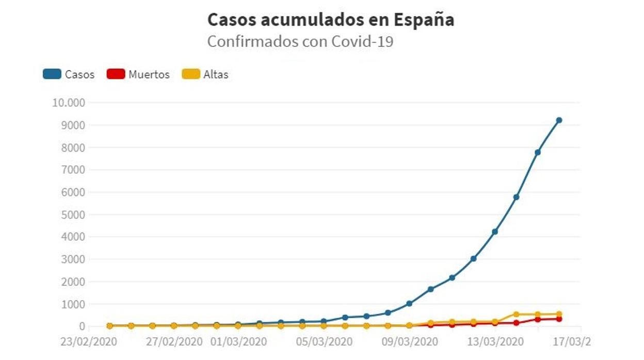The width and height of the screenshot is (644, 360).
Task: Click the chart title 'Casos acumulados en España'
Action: tap(331, 20)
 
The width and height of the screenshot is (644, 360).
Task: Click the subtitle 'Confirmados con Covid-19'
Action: tap(300, 41)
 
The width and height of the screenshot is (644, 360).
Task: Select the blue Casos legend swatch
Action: tap(52, 74)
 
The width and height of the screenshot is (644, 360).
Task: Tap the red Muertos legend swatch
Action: tap(116, 74)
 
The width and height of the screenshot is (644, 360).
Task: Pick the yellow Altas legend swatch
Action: tap(191, 74)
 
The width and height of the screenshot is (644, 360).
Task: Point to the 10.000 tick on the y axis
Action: tap(68, 102)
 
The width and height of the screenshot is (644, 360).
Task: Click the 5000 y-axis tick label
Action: tap(74, 215)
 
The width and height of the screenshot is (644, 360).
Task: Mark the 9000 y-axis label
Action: tap(74, 125)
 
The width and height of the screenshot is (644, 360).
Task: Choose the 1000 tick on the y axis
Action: tap(74, 304)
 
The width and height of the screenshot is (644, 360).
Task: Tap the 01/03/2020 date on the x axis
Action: tap(238, 342)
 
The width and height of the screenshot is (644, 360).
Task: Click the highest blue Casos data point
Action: tap(559, 120)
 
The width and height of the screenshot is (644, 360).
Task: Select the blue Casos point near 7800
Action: tap(537, 152)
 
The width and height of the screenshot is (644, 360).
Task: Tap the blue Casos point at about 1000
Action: tap(409, 304)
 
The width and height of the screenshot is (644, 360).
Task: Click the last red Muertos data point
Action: tap(559, 319)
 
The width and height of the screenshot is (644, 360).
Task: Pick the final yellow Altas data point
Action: tap(559, 314)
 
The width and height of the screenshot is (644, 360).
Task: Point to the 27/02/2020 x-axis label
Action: tap(175, 342)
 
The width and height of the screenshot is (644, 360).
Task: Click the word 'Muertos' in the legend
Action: tap(149, 74)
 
